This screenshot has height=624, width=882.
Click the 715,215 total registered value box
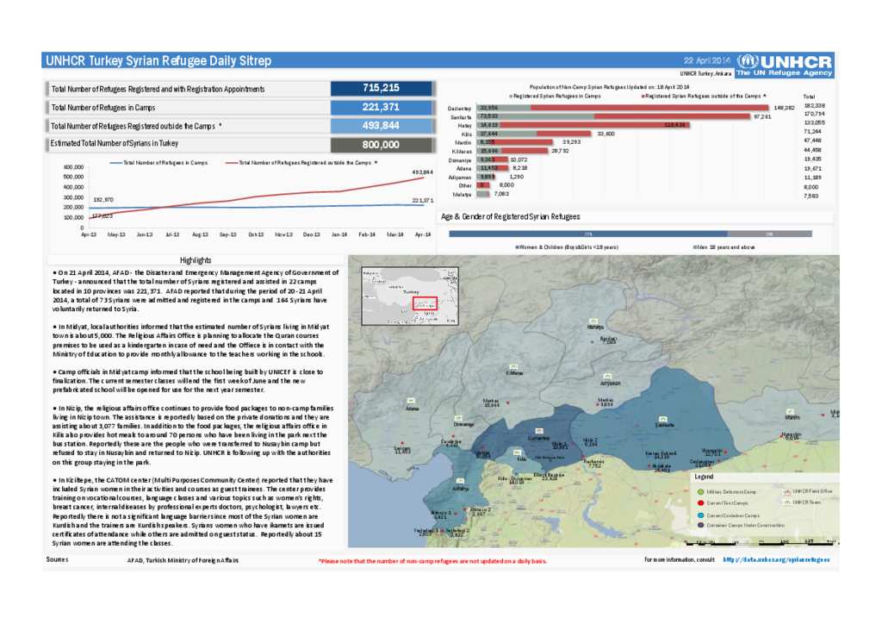pos(381,88)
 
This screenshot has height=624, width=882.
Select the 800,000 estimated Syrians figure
pos(381,144)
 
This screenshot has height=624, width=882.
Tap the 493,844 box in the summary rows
pos(381,125)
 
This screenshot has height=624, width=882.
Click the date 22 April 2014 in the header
pos(706,60)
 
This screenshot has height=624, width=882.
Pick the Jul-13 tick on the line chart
pos(172,234)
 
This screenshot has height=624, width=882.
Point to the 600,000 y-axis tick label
pos(72,167)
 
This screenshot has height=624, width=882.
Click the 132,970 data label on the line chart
pos(103,199)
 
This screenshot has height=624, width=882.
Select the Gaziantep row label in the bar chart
pos(460,108)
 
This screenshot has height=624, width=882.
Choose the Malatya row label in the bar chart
pos(462,194)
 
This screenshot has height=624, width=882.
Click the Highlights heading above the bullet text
pos(196,260)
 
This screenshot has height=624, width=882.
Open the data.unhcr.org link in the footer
pos(775,559)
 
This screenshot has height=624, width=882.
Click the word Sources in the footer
pos(57,559)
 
